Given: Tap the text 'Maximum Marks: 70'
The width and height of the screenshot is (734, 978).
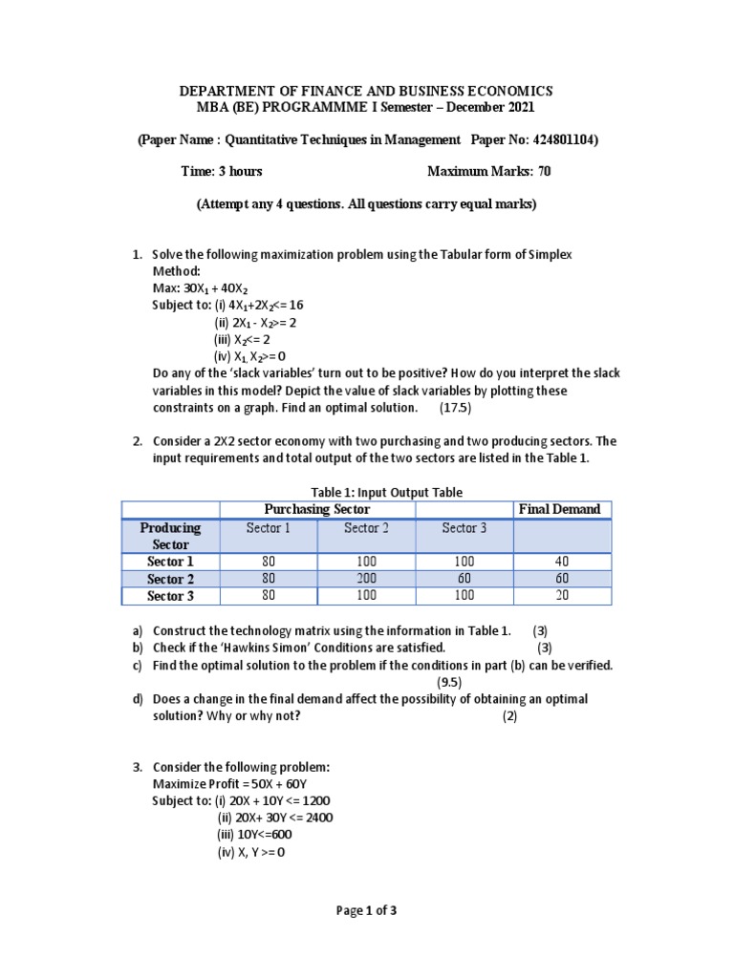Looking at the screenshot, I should tap(488, 172).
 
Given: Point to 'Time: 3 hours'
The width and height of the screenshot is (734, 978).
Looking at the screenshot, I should tap(222, 172).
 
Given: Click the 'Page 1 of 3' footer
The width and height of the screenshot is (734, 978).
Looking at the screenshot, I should tap(367, 910).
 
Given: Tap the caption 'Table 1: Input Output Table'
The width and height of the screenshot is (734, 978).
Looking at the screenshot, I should tap(367, 493).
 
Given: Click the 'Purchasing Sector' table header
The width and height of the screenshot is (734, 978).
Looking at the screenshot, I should tap(317, 510).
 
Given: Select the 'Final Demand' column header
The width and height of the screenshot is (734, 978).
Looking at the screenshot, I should tap(559, 510).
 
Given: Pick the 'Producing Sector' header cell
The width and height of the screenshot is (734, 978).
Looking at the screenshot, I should tap(170, 536).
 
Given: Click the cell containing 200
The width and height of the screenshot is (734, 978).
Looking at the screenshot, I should tap(367, 579).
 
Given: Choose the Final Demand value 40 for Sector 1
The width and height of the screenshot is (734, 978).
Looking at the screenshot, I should tap(562, 562).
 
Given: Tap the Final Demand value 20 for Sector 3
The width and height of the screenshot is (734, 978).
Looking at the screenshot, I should tap(562, 596).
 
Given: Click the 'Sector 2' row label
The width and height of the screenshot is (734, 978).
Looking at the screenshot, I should tap(170, 579).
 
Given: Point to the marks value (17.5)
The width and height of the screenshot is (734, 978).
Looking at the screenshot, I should tap(455, 408).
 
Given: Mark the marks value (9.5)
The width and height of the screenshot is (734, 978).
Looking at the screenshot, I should tap(449, 682).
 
